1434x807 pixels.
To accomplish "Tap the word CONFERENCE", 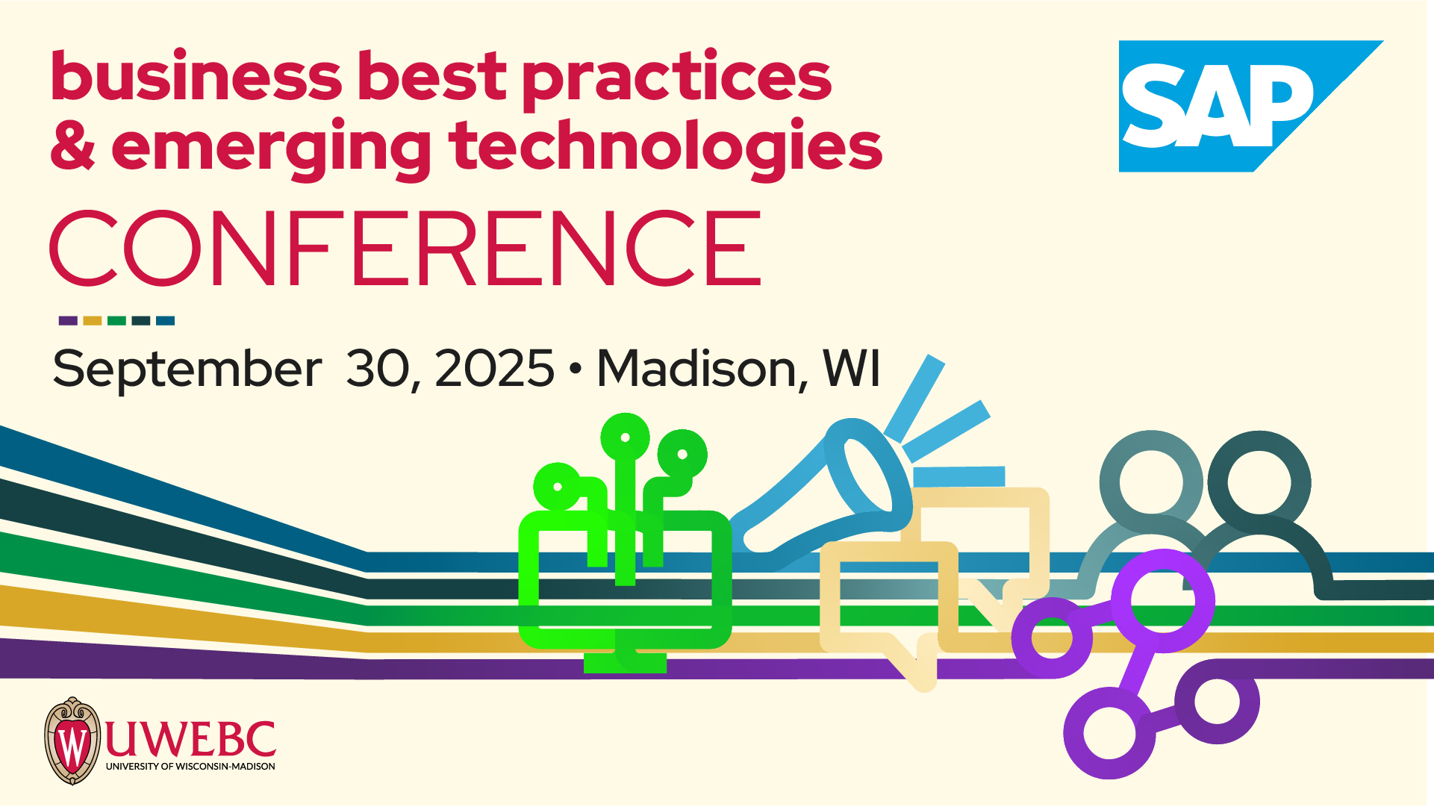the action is point(406,249).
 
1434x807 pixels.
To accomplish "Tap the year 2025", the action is point(494,369).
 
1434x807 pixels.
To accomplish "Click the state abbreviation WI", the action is point(851,368).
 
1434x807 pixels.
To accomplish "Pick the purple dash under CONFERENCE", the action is point(68,321).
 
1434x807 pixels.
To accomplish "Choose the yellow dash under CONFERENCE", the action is point(93,321).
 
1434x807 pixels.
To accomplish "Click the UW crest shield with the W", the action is point(72,741).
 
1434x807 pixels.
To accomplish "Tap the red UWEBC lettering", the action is point(190,739).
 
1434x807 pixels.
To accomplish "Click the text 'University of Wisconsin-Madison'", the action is point(190,766).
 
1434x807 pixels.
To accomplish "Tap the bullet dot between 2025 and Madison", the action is point(575,369).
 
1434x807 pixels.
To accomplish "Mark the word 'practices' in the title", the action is point(676,81).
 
